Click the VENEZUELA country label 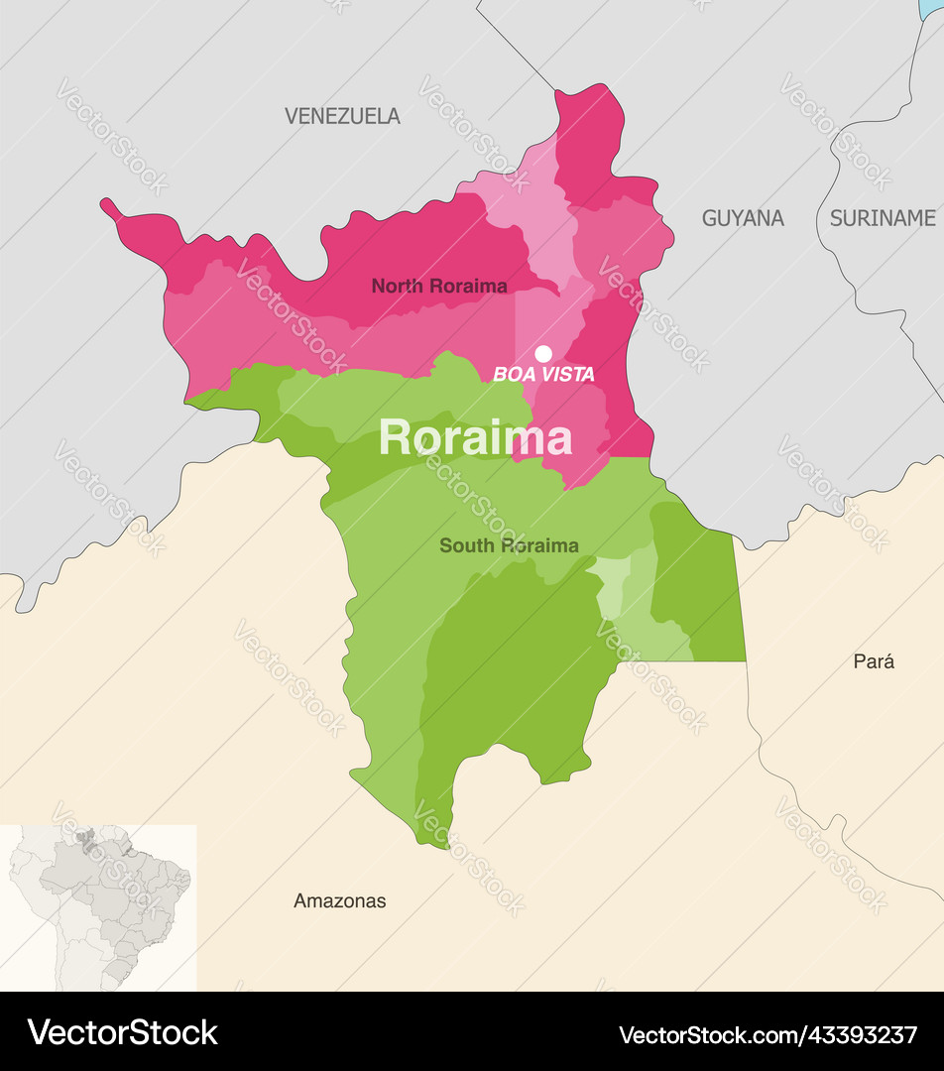(x=342, y=116)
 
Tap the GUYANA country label (x=743, y=218)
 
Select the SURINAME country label (x=882, y=218)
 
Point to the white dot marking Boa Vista (x=543, y=353)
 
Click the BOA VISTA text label (x=543, y=375)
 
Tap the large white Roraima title (x=475, y=437)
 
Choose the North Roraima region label (x=439, y=287)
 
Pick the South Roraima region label (x=509, y=545)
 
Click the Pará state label (x=874, y=661)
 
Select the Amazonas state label (x=339, y=901)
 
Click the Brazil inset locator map (x=98, y=906)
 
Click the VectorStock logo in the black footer (x=123, y=1032)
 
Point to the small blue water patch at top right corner (x=932, y=8)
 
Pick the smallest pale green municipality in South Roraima (x=611, y=585)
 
